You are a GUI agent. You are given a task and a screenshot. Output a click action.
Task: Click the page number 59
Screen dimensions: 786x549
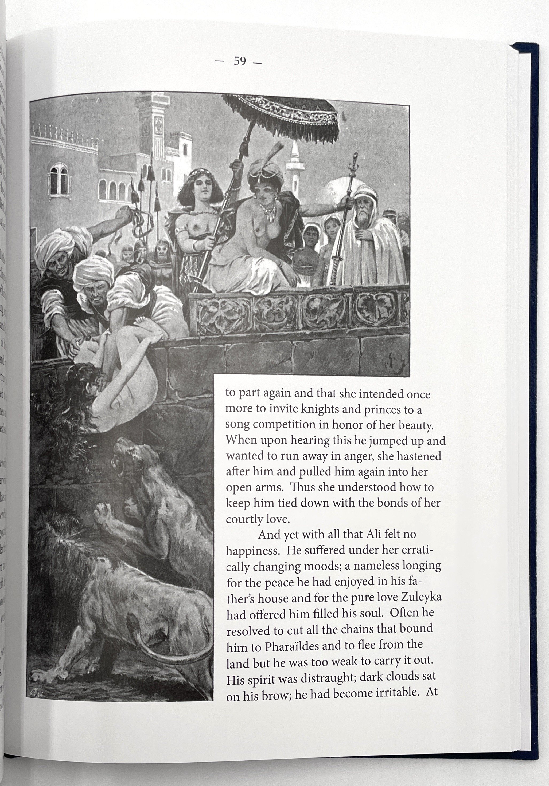tap(240, 61)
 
